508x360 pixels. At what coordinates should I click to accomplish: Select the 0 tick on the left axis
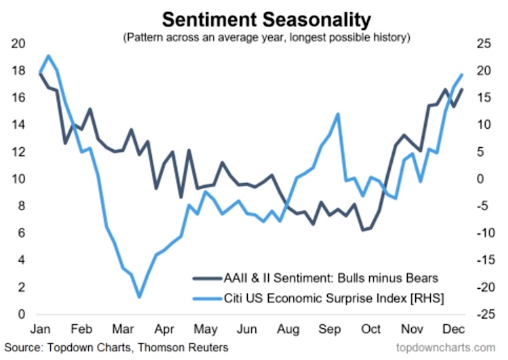(22, 315)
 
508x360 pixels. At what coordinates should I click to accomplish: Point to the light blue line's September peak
(337, 114)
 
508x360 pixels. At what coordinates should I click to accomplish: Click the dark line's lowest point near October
(364, 230)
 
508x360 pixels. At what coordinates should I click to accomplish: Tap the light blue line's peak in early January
(48, 56)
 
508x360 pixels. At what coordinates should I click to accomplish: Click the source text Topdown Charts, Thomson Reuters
(114, 348)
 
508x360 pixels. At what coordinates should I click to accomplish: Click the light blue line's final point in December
(462, 75)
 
